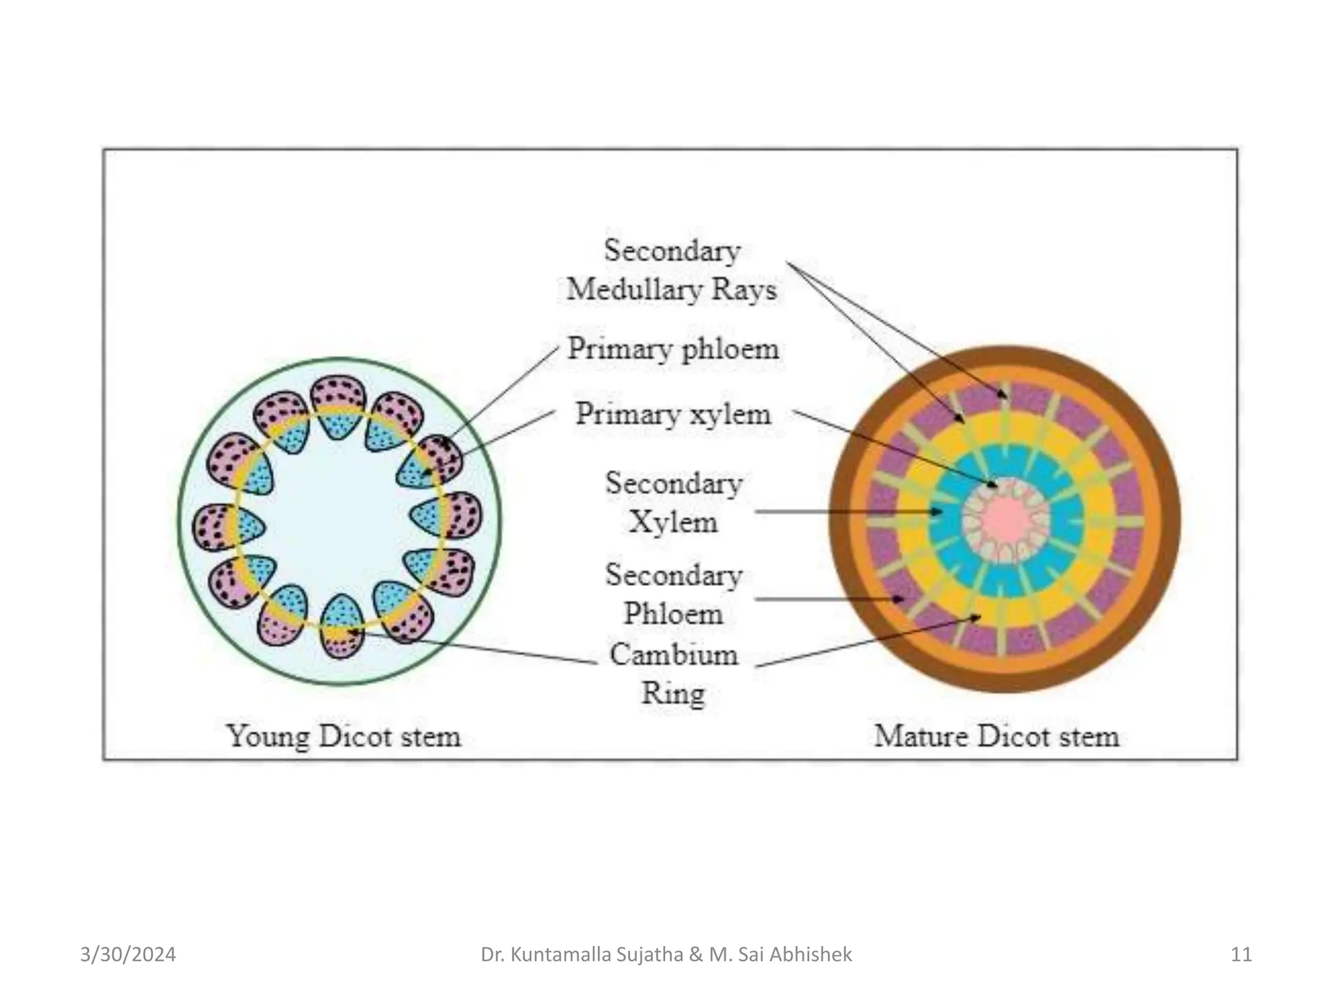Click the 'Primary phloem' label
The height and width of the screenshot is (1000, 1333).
click(x=672, y=348)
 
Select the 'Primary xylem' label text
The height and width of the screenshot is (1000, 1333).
click(x=672, y=414)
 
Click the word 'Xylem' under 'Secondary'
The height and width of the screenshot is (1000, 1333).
click(x=673, y=522)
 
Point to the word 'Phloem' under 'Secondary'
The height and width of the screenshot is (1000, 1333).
click(x=673, y=613)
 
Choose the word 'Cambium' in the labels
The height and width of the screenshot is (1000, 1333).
click(x=673, y=654)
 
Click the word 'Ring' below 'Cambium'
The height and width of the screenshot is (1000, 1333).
click(x=673, y=692)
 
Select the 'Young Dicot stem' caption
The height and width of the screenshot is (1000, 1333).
click(x=344, y=736)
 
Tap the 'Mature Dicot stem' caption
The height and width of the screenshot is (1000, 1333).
click(x=996, y=736)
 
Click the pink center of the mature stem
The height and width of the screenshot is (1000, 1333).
click(x=1006, y=520)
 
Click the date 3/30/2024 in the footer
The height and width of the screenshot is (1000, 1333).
click(x=128, y=954)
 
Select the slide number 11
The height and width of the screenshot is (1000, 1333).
click(x=1241, y=954)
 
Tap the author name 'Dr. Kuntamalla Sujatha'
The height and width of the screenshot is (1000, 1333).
click(x=581, y=954)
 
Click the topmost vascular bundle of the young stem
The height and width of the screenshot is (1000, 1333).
click(x=338, y=408)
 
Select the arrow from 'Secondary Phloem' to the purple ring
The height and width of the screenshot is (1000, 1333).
click(x=827, y=599)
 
